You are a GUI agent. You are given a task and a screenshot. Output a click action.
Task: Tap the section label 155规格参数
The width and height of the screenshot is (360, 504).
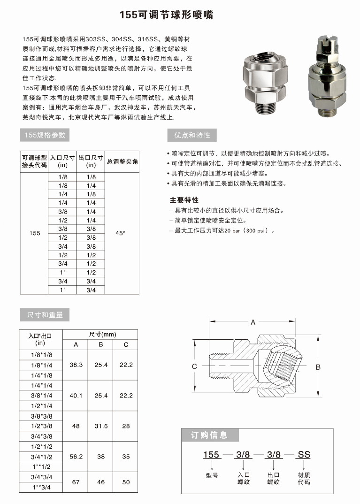[45, 136]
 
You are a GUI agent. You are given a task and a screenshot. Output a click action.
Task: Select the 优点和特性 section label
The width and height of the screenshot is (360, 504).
[192, 136]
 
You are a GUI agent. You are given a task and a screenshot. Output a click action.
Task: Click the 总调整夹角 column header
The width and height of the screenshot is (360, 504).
[122, 162]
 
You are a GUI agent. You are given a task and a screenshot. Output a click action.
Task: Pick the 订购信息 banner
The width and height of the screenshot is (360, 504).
[209, 435]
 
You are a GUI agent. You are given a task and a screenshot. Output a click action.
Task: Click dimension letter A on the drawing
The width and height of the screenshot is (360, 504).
[253, 322]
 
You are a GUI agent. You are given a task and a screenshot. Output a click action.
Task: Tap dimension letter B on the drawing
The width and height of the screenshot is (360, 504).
[318, 367]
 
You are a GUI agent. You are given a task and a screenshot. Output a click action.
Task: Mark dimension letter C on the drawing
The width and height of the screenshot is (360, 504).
[194, 367]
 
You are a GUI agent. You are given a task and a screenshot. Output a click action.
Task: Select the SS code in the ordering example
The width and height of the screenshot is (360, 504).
[304, 454]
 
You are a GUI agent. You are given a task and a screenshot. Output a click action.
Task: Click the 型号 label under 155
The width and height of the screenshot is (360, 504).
[212, 475]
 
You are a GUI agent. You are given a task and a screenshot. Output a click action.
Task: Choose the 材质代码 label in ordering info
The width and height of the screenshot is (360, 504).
[304, 479]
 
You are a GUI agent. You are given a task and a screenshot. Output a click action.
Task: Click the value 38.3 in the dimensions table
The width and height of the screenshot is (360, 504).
[76, 365]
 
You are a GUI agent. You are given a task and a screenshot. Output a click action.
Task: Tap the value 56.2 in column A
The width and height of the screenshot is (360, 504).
[76, 456]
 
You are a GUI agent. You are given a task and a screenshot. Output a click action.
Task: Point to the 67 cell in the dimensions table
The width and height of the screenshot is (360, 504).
[76, 482]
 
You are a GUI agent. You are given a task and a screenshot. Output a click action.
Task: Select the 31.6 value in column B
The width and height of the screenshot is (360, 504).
[101, 426]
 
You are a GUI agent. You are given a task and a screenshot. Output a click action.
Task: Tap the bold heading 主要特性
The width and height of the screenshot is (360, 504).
[184, 200]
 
